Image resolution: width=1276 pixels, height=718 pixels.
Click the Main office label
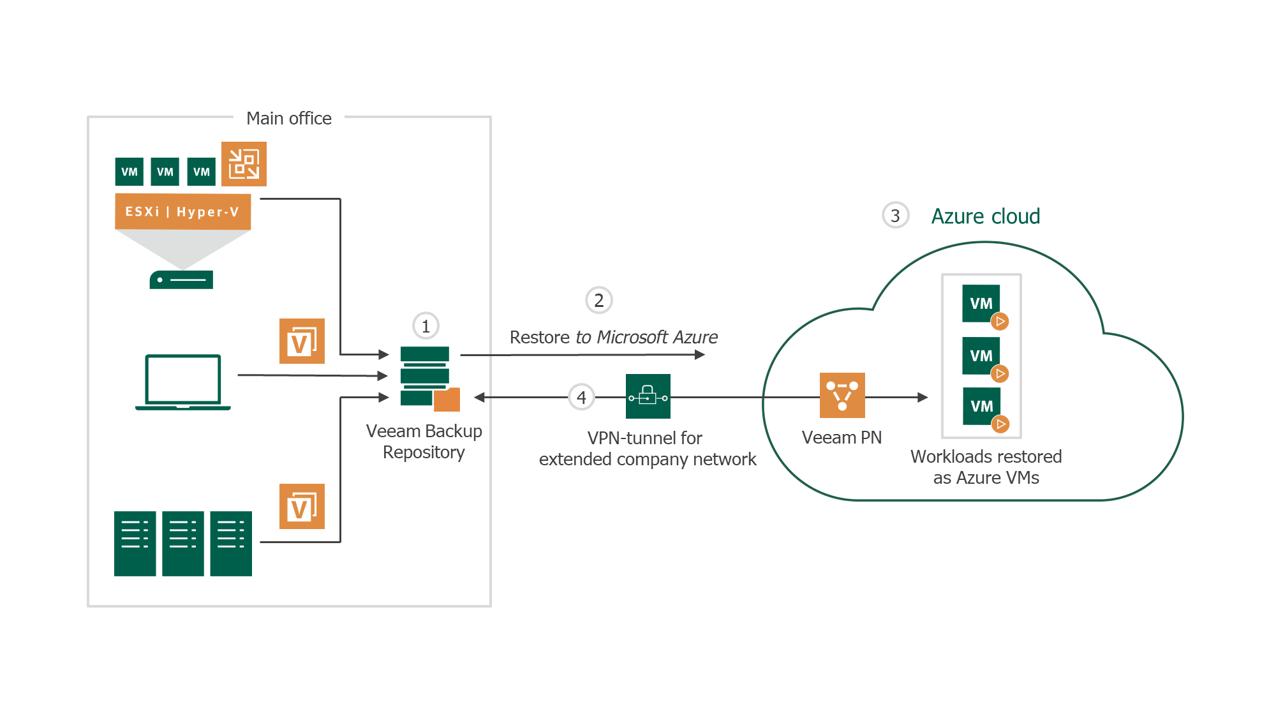(x=288, y=119)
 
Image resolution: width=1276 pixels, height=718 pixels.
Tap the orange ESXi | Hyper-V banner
(x=182, y=211)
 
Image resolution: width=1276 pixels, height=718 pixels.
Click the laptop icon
(x=183, y=382)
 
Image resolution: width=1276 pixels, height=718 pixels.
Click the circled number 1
(x=426, y=326)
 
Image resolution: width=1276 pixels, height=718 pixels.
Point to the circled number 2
(x=598, y=300)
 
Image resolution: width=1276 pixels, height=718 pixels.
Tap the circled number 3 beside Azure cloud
(x=895, y=216)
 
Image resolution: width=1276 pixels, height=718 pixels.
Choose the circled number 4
(x=581, y=398)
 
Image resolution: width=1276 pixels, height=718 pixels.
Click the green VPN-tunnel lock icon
(x=648, y=396)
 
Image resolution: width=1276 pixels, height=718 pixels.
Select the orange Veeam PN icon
(x=842, y=396)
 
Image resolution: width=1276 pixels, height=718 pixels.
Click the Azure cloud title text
(x=985, y=216)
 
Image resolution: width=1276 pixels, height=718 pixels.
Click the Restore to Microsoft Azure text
(x=613, y=337)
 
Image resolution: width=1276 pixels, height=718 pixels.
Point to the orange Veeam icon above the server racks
(x=302, y=507)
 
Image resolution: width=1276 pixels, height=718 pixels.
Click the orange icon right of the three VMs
(x=244, y=164)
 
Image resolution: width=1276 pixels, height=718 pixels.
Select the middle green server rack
(x=182, y=543)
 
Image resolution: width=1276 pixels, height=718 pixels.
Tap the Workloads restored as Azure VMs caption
(x=986, y=467)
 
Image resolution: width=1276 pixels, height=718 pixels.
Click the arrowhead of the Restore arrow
(x=700, y=355)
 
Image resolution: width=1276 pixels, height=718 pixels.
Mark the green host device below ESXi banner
(x=181, y=280)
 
